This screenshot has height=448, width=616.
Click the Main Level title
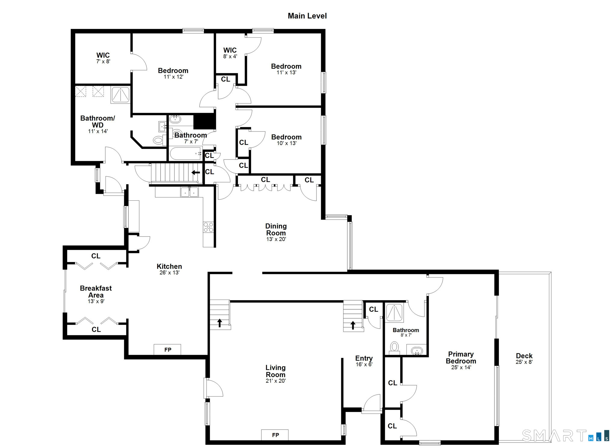307,16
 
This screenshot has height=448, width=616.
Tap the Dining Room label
276,230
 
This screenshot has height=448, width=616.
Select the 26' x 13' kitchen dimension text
169,273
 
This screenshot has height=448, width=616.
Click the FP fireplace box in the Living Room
275,435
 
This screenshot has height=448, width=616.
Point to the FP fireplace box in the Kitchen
167,350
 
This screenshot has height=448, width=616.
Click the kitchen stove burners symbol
208,227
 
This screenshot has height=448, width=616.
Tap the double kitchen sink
189,192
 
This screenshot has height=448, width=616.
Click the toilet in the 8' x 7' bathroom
394,347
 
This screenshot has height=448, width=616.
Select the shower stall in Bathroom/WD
121,94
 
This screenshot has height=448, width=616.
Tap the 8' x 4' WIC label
230,53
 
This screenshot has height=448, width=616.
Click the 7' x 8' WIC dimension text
103,61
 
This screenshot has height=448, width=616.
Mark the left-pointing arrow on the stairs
196,172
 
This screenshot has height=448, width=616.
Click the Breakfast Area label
96,292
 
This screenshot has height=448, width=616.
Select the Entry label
364,358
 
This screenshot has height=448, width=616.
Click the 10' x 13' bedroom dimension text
287,143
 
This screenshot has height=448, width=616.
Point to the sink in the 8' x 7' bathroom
417,351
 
